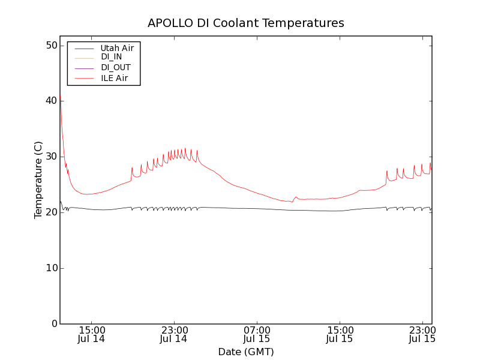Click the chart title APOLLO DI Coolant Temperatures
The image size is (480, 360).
(246, 23)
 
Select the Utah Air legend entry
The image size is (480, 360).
(117, 47)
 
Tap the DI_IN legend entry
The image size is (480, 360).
(111, 57)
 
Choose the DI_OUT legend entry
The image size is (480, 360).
(115, 67)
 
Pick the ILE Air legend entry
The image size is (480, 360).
(114, 78)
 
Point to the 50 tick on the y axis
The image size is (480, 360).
(50, 46)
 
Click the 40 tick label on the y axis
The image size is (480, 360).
(50, 101)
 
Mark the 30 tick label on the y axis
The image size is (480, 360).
(50, 157)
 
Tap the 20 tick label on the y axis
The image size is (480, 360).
(50, 212)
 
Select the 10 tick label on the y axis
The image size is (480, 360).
(50, 268)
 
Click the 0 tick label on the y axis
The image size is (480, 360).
(53, 324)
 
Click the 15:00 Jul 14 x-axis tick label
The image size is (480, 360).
(91, 334)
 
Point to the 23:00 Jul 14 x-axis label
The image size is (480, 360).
(174, 334)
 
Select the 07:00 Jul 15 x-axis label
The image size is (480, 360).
(257, 334)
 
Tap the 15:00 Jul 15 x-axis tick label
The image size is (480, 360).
(340, 334)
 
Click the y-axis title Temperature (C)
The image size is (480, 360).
(38, 180)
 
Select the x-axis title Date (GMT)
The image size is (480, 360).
(246, 352)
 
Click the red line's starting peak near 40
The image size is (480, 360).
(61, 97)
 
